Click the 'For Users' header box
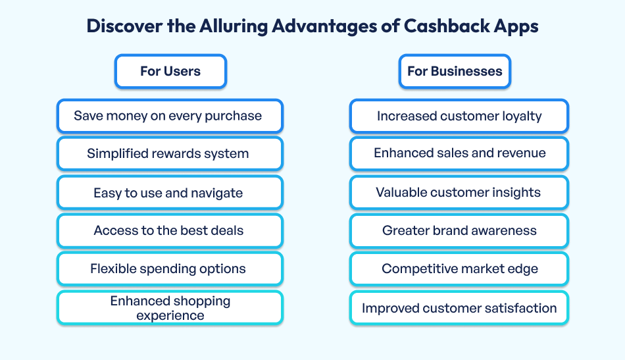(x=170, y=71)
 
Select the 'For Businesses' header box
(x=455, y=71)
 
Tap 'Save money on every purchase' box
(x=170, y=116)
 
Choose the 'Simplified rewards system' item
(x=170, y=154)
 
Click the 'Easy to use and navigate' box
(x=170, y=193)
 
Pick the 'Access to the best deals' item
(x=170, y=231)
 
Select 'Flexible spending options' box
(x=170, y=269)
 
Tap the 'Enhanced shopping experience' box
(x=170, y=308)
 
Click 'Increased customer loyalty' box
(x=459, y=116)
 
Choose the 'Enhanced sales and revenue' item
(x=459, y=153)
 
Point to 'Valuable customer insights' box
(x=459, y=193)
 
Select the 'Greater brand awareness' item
(x=459, y=231)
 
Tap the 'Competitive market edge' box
(x=459, y=269)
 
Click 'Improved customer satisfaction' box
(x=459, y=308)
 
